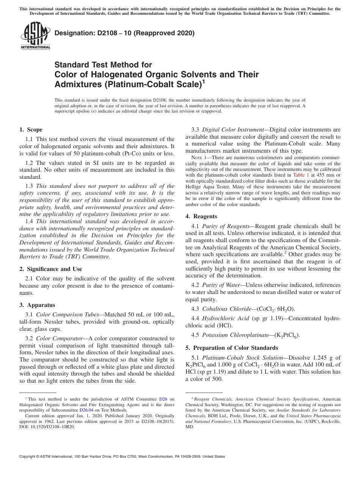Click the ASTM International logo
pyautogui.click(x=35, y=36)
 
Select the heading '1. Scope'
pyautogui.click(x=31, y=130)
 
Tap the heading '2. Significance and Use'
pyautogui.click(x=50, y=269)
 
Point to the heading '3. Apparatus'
pyautogui.click(x=37, y=305)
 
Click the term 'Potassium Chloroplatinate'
pyautogui.click(x=235, y=335)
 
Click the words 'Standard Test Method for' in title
pyautogui.click(x=103, y=65)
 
